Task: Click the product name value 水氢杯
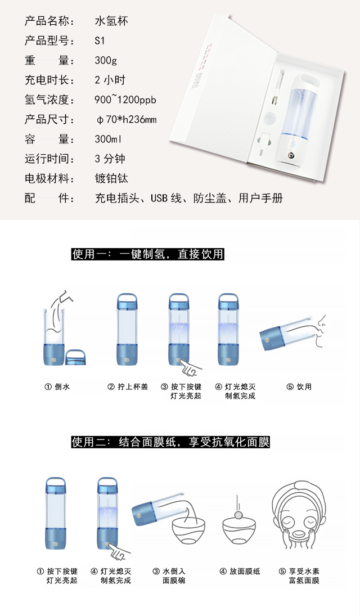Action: [111, 21]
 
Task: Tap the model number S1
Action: [100, 41]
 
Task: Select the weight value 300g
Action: [106, 61]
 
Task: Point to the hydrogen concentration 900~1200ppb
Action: [125, 100]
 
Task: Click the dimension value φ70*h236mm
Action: [127, 119]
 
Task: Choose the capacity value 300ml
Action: [108, 139]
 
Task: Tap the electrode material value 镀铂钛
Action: [111, 178]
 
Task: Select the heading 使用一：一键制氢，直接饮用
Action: [147, 254]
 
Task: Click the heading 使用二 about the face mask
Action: [170, 442]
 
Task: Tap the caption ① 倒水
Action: [57, 387]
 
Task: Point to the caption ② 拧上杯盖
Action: [128, 387]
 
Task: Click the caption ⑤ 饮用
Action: [299, 387]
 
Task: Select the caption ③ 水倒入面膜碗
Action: [169, 576]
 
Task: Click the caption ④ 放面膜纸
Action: [240, 572]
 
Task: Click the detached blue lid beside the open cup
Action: [75, 357]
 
